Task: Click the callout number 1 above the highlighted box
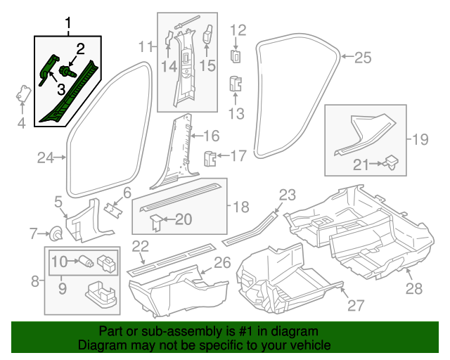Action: coord(68,23)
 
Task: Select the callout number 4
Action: coord(22,123)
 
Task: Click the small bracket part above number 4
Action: coord(23,94)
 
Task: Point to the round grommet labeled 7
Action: coord(56,233)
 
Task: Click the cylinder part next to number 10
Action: coord(86,261)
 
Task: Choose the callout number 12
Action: coord(238,30)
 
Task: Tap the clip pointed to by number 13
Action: coord(236,84)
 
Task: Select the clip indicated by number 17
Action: coord(210,159)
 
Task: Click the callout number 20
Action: coord(184,219)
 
